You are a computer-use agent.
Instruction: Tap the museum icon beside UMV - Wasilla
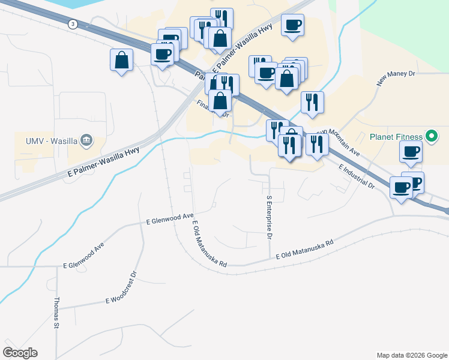(87, 140)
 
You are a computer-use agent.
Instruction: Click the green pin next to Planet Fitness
(430, 136)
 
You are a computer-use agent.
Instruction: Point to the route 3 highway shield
(73, 24)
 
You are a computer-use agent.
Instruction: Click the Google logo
(20, 353)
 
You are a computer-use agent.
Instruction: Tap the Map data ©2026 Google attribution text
(412, 355)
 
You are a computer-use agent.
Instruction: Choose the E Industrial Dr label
(357, 178)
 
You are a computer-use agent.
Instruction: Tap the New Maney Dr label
(396, 78)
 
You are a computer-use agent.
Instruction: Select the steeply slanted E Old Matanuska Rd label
(209, 244)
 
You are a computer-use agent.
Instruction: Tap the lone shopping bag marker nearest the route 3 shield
(121, 61)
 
